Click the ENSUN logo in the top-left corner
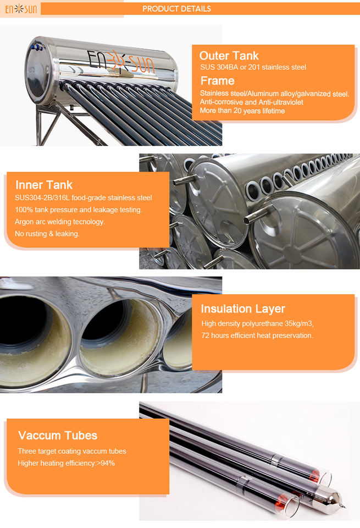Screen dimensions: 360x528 pyautogui.click(x=21, y=9)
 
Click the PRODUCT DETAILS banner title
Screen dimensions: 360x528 pyautogui.click(x=176, y=9)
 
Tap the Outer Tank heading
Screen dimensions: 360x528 pyautogui.click(x=229, y=56)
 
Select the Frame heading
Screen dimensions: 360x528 pyautogui.click(x=217, y=81)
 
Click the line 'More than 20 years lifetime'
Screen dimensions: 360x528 pyautogui.click(x=242, y=111)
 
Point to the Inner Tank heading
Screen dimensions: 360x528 pyautogui.click(x=44, y=185)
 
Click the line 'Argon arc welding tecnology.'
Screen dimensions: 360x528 pyautogui.click(x=60, y=222)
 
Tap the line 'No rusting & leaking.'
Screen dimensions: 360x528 pyautogui.click(x=47, y=234)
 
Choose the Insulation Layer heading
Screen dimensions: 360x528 pyautogui.click(x=243, y=309)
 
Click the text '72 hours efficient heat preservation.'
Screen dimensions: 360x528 pyautogui.click(x=257, y=335)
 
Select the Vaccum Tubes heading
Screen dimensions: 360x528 pyautogui.click(x=58, y=436)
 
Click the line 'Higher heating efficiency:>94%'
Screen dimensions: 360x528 pyautogui.click(x=67, y=463)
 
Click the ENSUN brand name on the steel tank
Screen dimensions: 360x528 pyautogui.click(x=121, y=63)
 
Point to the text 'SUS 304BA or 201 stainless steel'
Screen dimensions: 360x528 pyautogui.click(x=253, y=67)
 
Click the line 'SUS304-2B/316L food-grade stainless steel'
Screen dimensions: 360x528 pyautogui.click(x=84, y=197)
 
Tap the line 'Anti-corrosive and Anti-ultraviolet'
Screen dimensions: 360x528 pyautogui.click(x=251, y=102)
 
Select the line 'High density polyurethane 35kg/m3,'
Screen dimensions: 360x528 pyautogui.click(x=257, y=323)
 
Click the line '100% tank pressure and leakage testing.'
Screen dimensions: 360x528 pyautogui.click(x=79, y=210)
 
